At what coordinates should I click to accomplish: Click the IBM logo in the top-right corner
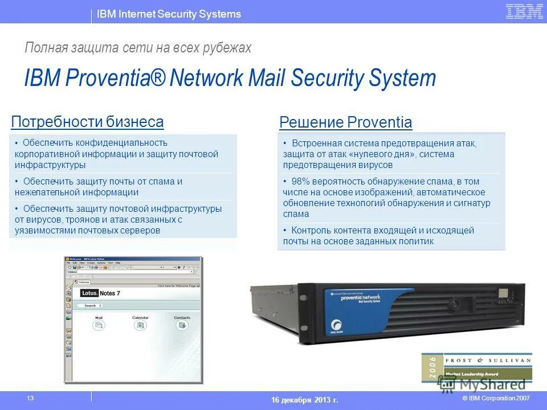click(524, 12)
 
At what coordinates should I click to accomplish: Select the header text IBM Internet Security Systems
click(169, 14)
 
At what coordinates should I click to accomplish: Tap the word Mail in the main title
click(268, 79)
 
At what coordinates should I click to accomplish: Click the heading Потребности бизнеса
click(87, 122)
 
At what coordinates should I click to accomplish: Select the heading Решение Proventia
click(345, 122)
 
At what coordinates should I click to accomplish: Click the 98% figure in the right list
click(300, 182)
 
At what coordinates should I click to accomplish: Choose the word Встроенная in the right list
click(316, 143)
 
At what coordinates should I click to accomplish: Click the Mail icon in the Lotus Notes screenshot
click(99, 325)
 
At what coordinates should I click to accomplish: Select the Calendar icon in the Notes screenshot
click(140, 325)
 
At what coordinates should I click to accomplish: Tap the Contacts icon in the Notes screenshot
click(182, 325)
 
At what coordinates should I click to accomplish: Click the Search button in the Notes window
click(90, 306)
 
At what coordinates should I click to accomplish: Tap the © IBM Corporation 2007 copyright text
click(496, 398)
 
